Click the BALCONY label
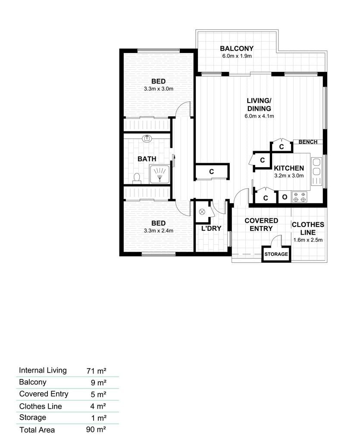pos(237,48)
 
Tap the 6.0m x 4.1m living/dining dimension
pos(259,116)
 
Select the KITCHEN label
pos(289,168)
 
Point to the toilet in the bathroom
pos(137,178)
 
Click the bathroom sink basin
pos(147,138)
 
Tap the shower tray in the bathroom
pos(160,174)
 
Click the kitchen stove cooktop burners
pos(300,197)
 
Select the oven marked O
pos(285,197)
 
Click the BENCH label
pos(308,142)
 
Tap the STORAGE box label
pos(276,254)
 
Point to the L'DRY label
pos(211,228)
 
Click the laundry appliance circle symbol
pos(202,212)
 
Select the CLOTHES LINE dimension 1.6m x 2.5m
pos(308,240)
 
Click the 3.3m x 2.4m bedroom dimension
pos(159,231)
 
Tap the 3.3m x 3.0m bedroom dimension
pos(159,89)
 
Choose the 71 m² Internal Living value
pos(96,371)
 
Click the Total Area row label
pos(37,430)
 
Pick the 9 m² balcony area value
pos(98,382)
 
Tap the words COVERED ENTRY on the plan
pos(261,224)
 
